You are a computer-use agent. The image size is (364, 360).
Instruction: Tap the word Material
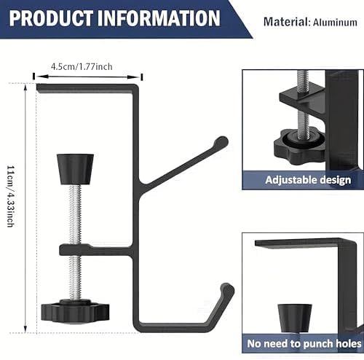tap(285, 22)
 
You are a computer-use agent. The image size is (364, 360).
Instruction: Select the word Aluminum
tap(335, 23)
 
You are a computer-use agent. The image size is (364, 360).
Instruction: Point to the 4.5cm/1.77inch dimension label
tap(82, 66)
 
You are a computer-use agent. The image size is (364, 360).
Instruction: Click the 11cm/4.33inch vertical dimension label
tap(10, 196)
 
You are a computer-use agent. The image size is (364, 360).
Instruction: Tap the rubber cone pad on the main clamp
tap(75, 169)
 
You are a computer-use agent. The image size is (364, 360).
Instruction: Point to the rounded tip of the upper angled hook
tap(221, 141)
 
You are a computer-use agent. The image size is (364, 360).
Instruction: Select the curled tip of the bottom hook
tap(228, 289)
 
